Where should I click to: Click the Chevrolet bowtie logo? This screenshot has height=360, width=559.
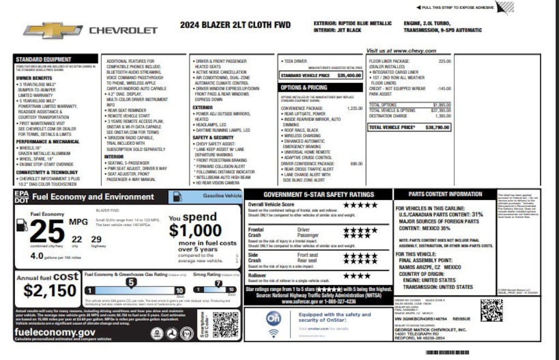coord(53,30)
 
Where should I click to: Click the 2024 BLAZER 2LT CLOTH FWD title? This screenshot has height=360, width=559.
coord(235,25)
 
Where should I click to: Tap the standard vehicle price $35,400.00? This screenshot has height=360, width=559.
coord(349,75)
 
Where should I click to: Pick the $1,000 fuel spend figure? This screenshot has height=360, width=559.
coord(195,231)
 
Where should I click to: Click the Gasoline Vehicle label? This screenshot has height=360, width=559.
coord(222,195)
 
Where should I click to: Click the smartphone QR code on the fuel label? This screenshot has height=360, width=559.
coord(225,326)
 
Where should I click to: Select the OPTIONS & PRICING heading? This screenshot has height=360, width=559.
coord(304,87)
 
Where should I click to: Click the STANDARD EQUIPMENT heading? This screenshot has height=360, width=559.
coord(43,59)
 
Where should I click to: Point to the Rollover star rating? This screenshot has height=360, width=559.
coord(356,276)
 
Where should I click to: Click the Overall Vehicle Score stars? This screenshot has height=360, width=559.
coord(360,205)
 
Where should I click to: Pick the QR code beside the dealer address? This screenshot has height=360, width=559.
coord(491,310)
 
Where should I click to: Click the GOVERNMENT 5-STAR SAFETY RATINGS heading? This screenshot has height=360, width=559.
coord(318,194)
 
